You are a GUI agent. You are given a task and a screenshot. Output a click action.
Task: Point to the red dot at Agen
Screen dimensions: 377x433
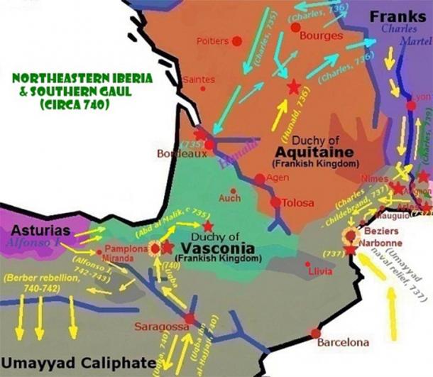pos(260,179)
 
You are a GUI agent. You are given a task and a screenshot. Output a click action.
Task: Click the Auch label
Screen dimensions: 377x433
pos(230,198)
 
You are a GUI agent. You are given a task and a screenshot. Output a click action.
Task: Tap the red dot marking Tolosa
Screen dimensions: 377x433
pos(275,203)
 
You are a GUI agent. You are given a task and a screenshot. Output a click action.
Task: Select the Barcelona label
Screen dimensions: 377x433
pos(344,342)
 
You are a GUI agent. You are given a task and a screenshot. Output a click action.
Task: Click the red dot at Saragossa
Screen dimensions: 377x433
pos(190,319)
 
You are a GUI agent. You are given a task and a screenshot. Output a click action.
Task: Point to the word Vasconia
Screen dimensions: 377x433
pos(214,248)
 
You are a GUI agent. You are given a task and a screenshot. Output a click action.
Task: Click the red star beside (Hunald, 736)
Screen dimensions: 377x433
pos(293,87)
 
